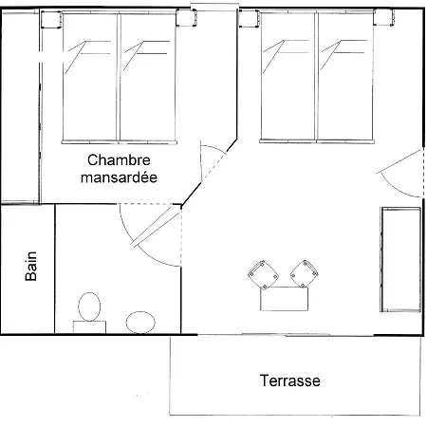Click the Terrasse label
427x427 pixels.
pos(289,381)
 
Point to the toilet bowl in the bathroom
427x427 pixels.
pos(89,308)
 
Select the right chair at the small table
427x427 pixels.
pos(304,272)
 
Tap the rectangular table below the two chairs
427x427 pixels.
pos(286,299)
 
